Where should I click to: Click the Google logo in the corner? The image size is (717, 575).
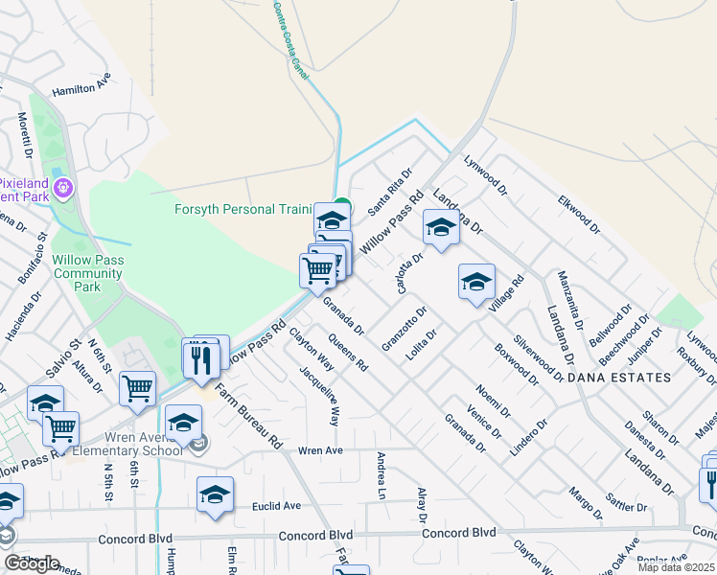32,563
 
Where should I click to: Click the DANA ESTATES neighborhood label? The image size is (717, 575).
619,378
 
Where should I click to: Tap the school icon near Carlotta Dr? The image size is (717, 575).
440,228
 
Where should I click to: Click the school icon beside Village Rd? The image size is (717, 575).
476,282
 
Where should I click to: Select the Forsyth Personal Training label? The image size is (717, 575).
243,209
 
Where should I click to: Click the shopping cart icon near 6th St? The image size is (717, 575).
138,389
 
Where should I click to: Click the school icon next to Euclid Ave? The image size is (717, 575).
216,494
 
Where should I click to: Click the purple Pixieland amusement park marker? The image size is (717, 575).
64,187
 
